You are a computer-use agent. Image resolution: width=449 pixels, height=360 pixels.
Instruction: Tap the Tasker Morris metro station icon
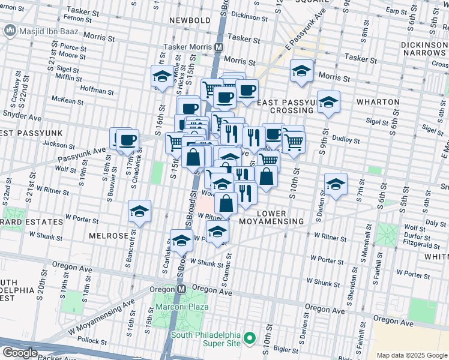click(219, 47)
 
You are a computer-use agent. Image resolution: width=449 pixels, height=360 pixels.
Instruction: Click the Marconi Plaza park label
click(182, 307)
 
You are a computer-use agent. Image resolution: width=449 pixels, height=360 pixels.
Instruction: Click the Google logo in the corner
click(20, 353)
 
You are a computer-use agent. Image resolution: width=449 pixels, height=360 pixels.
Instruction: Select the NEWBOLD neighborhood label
click(190, 20)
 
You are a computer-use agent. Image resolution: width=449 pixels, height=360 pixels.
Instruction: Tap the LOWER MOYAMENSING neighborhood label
click(281, 218)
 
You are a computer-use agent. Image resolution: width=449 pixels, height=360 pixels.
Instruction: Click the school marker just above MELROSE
click(139, 212)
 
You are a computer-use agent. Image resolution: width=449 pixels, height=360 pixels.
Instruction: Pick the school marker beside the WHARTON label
click(328, 103)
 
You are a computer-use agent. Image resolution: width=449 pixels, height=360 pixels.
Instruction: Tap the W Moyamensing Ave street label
click(102, 318)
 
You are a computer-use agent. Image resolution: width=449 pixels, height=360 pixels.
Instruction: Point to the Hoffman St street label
click(98, 92)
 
